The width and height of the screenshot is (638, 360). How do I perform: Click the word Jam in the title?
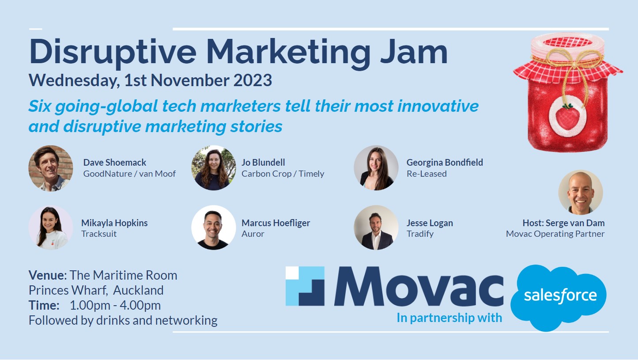414,52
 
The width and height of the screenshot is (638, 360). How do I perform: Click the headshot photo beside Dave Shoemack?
51,168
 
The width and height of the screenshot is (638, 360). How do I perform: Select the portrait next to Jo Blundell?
214,168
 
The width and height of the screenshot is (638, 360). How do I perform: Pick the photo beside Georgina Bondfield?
376,168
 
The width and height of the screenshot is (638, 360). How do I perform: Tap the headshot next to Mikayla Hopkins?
51,228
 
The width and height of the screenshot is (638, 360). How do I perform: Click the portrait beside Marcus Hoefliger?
214,228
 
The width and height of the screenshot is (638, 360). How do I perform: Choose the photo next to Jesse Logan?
376,228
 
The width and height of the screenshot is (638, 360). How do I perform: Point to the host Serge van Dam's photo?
581,193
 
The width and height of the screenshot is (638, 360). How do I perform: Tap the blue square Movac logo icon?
305,286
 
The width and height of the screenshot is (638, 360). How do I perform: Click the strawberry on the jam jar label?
567,117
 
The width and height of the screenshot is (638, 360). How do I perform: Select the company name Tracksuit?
99,234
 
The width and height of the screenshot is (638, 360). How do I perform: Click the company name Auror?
253,234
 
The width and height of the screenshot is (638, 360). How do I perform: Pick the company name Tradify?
420,234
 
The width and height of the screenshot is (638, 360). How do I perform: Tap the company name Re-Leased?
427,174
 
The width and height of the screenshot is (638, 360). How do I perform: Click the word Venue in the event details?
46,275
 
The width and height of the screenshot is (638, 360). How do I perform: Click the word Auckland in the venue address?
139,290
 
